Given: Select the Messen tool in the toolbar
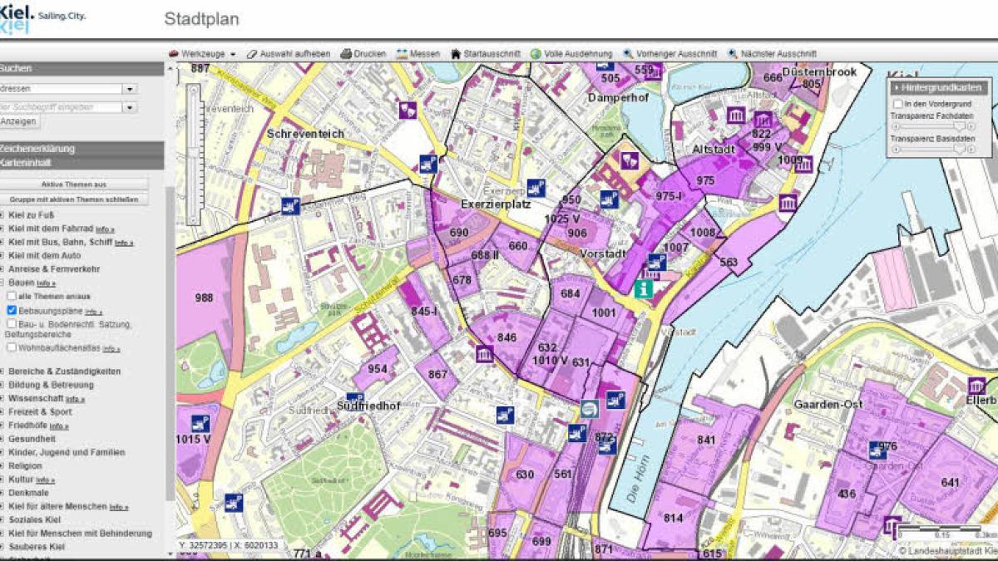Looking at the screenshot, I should click(418, 54).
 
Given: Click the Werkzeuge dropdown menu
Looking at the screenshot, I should click(202, 54).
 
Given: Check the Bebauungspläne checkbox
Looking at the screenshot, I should click(12, 310).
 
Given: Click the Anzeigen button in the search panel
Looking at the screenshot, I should click(18, 121).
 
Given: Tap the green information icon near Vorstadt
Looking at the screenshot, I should click(643, 288).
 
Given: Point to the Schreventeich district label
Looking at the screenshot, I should click(305, 134).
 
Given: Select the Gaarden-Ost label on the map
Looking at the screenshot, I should click(828, 405).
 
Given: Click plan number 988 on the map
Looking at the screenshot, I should click(204, 297).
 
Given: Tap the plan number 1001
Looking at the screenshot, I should click(604, 312).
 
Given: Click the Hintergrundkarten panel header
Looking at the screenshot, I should click(938, 87).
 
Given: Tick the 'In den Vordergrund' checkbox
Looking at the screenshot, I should click(898, 104).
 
